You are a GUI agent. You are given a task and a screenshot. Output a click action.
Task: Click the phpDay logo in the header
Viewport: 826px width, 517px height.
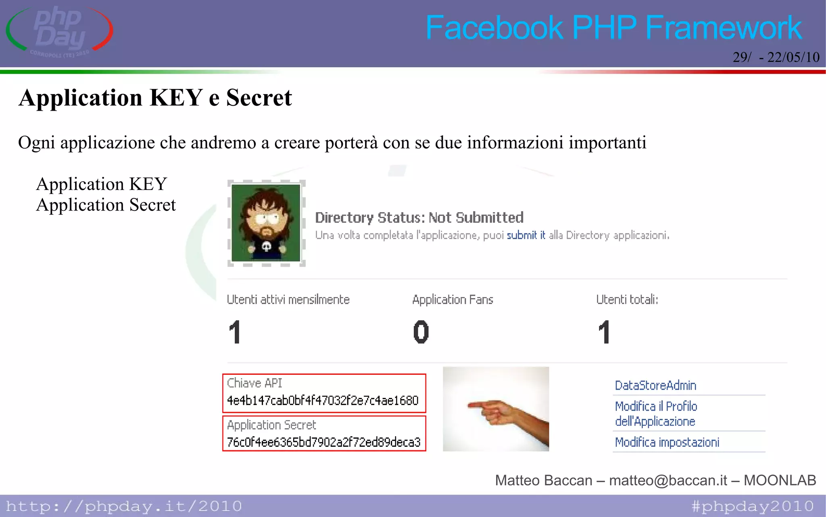point(60,31)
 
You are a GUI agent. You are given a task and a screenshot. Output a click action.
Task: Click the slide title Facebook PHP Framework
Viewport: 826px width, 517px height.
point(613,27)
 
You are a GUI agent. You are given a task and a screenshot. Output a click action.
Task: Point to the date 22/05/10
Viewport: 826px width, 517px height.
point(793,57)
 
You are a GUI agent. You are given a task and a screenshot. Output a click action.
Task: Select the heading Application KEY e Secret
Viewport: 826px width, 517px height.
point(155,98)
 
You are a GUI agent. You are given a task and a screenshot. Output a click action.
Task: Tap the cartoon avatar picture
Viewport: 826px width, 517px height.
point(266,223)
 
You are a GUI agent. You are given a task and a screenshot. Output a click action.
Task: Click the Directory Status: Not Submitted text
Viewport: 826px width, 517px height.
point(419,218)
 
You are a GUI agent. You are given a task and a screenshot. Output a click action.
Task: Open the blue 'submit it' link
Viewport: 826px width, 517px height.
point(526,235)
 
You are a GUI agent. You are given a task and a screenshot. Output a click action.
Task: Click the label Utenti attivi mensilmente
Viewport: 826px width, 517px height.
point(288,300)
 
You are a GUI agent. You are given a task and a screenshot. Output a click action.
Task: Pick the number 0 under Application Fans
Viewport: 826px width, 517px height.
point(421,332)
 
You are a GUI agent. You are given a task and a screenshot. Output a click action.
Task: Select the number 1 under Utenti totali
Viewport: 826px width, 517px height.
point(604,332)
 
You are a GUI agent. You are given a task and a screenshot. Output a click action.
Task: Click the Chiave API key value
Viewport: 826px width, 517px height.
point(323,401)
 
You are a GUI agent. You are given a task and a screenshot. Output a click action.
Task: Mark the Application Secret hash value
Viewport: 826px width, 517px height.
point(323,442)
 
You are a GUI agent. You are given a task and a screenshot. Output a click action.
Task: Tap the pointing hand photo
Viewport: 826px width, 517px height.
point(496,409)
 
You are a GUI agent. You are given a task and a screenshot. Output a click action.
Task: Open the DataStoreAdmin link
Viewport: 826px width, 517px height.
point(655,385)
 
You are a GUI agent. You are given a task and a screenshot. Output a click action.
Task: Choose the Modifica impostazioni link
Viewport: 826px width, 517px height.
point(667,442)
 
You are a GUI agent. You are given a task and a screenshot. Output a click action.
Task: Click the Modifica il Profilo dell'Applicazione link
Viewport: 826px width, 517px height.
point(656,414)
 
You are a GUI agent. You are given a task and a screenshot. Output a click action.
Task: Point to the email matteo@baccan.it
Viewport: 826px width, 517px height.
point(668,480)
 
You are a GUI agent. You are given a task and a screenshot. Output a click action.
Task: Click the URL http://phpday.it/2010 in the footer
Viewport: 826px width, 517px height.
point(124,506)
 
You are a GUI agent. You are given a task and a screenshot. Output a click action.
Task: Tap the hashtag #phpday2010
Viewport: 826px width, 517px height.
point(752,506)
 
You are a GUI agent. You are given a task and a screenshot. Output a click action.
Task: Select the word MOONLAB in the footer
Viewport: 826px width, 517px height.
point(780,480)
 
